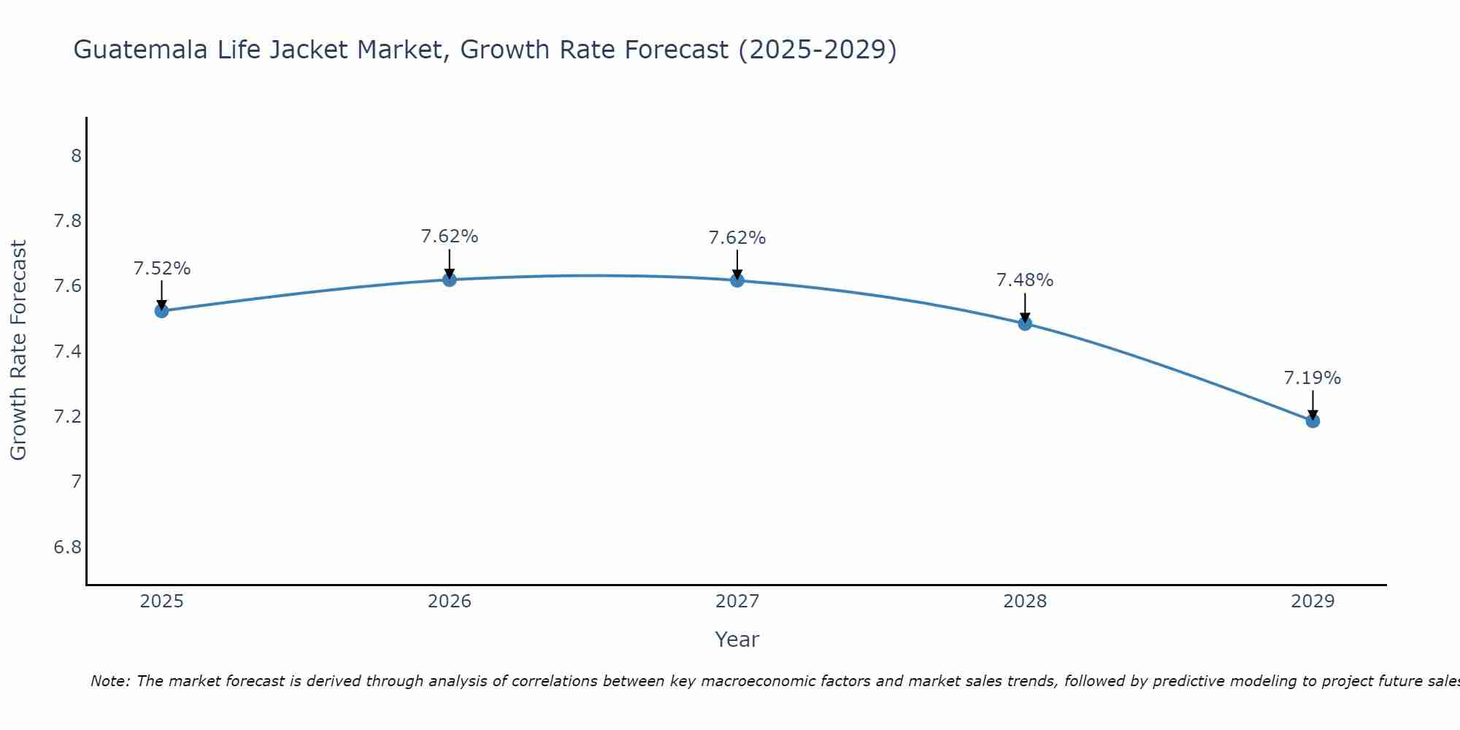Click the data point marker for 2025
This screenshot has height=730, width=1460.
point(161,311)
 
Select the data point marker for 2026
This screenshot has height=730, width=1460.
point(449,280)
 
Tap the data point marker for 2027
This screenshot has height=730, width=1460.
point(737,280)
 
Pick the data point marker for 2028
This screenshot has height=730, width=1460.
point(1025,323)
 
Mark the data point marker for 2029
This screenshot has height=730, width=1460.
point(1313,420)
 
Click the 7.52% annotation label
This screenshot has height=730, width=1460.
point(161,269)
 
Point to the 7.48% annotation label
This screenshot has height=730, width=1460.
point(1025,280)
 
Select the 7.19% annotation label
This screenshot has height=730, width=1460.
point(1313,378)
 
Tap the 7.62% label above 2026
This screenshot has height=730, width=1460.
point(449,237)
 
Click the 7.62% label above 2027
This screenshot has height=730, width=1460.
point(737,238)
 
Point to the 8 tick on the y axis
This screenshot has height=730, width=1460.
point(76,156)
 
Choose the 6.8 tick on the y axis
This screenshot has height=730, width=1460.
point(67,547)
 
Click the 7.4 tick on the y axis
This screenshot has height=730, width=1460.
point(67,352)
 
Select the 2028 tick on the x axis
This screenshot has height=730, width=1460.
point(1025,602)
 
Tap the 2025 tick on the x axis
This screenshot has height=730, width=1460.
point(161,602)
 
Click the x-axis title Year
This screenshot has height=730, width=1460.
point(737,639)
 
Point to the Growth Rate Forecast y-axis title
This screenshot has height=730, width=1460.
point(18,350)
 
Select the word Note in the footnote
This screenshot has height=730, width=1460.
point(109,681)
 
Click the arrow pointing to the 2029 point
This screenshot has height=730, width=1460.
point(1313,404)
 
